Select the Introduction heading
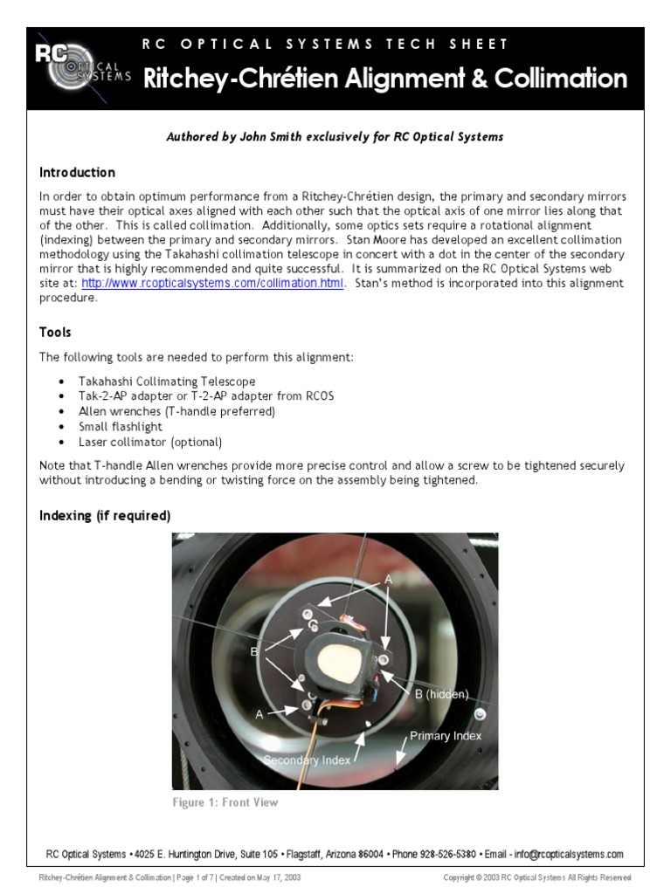(77, 173)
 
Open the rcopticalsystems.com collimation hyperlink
(213, 284)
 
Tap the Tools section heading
(55, 333)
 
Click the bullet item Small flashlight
(121, 427)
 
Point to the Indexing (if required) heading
(105, 516)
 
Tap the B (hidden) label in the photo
(441, 695)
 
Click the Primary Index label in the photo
(446, 736)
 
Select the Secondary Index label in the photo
(307, 760)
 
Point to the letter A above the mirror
(388, 580)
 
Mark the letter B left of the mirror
(254, 650)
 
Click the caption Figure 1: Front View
(225, 802)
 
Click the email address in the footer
(569, 855)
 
